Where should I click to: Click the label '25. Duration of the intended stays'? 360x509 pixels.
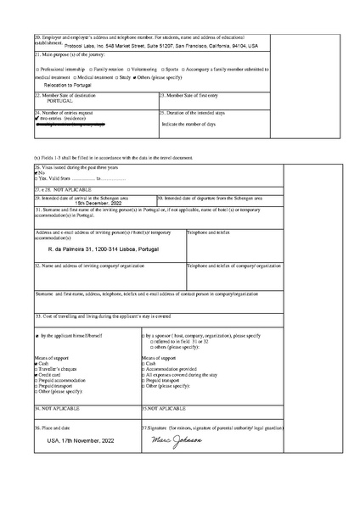(x=194, y=112)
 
